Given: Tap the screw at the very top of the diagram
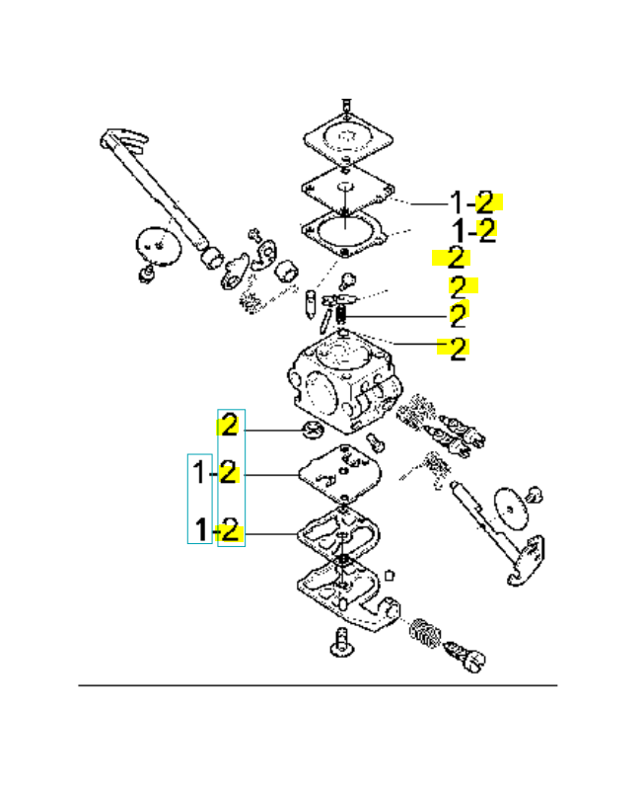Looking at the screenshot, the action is point(346,107).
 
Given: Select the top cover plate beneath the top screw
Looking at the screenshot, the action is point(348,138).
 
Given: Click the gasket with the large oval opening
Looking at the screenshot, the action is point(345,233).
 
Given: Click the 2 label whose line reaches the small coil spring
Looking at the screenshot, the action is point(459,316).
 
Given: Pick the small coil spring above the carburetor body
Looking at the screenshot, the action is point(340,314).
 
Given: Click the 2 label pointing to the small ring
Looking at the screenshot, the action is point(230,426).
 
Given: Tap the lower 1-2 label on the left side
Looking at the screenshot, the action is point(216,530).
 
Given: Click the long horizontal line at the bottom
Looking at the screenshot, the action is point(318,685).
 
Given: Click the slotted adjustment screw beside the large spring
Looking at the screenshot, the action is point(465,655).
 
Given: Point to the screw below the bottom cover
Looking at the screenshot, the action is point(341,643).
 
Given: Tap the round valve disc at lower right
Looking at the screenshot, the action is point(512,509).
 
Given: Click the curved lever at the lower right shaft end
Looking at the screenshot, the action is point(527,561).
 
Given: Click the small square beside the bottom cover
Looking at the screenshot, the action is point(389,575).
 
